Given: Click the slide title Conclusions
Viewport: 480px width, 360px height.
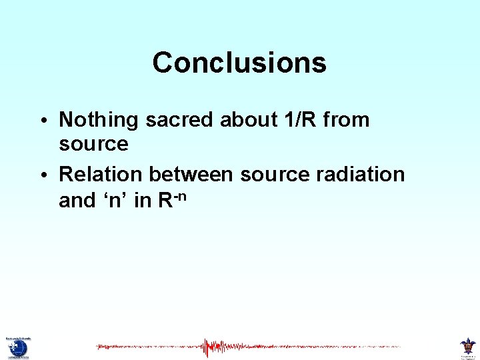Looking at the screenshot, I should pyautogui.click(x=239, y=63).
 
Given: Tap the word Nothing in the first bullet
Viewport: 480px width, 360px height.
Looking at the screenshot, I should pyautogui.click(x=99, y=120).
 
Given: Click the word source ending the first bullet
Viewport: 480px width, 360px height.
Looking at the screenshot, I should pyautogui.click(x=93, y=144).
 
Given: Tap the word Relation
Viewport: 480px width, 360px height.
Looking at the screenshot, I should pyautogui.click(x=101, y=174).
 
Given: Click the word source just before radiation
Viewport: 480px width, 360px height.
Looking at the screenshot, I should pyautogui.click(x=275, y=175).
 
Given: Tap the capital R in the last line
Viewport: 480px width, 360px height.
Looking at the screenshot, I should pyautogui.click(x=166, y=200).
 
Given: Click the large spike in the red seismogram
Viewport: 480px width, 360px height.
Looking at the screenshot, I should pyautogui.click(x=213, y=347).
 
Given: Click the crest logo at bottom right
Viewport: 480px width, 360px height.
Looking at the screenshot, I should pyautogui.click(x=467, y=346).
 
